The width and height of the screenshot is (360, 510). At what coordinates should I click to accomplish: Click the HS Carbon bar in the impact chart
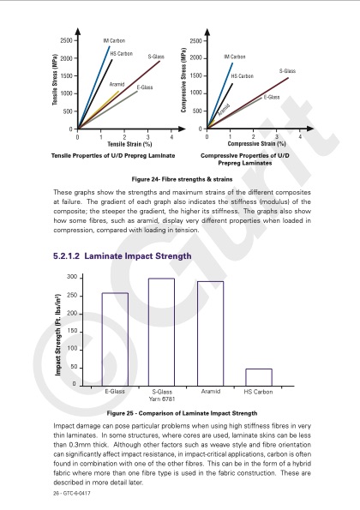click(259, 377)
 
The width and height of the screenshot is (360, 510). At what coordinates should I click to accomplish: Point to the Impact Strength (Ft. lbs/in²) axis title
click(57, 331)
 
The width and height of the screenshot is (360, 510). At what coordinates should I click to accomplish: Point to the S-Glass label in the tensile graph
click(156, 56)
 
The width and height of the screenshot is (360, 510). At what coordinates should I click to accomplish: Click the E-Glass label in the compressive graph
click(272, 97)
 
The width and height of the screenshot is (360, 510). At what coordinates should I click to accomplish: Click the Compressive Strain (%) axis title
click(255, 144)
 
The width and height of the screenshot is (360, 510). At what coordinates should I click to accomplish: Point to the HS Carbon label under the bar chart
click(258, 392)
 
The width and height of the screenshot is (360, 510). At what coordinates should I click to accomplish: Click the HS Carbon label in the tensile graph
click(121, 54)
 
